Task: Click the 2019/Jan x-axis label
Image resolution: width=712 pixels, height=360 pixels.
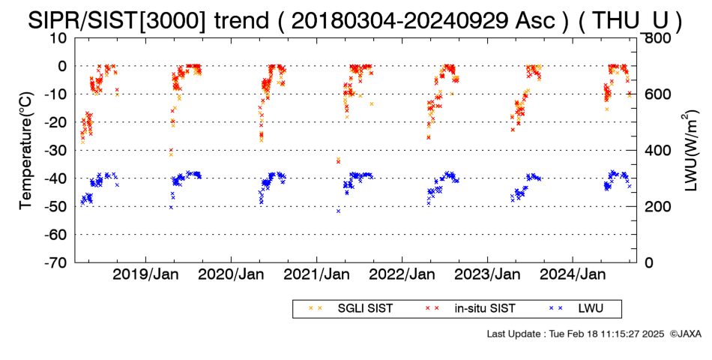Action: (145, 274)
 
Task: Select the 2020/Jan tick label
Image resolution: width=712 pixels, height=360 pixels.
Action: (231, 274)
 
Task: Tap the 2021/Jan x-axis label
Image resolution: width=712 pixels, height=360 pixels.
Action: (316, 274)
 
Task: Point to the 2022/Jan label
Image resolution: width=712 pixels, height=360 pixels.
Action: (402, 274)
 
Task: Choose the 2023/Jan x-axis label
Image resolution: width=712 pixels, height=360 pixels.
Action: (487, 274)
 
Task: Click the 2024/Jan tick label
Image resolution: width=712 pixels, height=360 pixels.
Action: (573, 274)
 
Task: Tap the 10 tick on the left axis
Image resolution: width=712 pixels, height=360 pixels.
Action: (58, 38)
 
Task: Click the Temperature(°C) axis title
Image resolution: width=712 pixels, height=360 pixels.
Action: (26, 151)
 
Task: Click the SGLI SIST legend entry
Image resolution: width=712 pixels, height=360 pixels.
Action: (350, 309)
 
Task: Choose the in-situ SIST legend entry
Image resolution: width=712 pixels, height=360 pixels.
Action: (471, 309)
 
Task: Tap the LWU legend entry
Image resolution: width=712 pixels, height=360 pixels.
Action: (576, 309)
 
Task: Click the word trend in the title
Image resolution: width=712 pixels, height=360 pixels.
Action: (241, 21)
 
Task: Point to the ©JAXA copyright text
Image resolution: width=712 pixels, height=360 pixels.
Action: (685, 334)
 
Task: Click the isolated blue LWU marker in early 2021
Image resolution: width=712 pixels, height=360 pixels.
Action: (338, 211)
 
